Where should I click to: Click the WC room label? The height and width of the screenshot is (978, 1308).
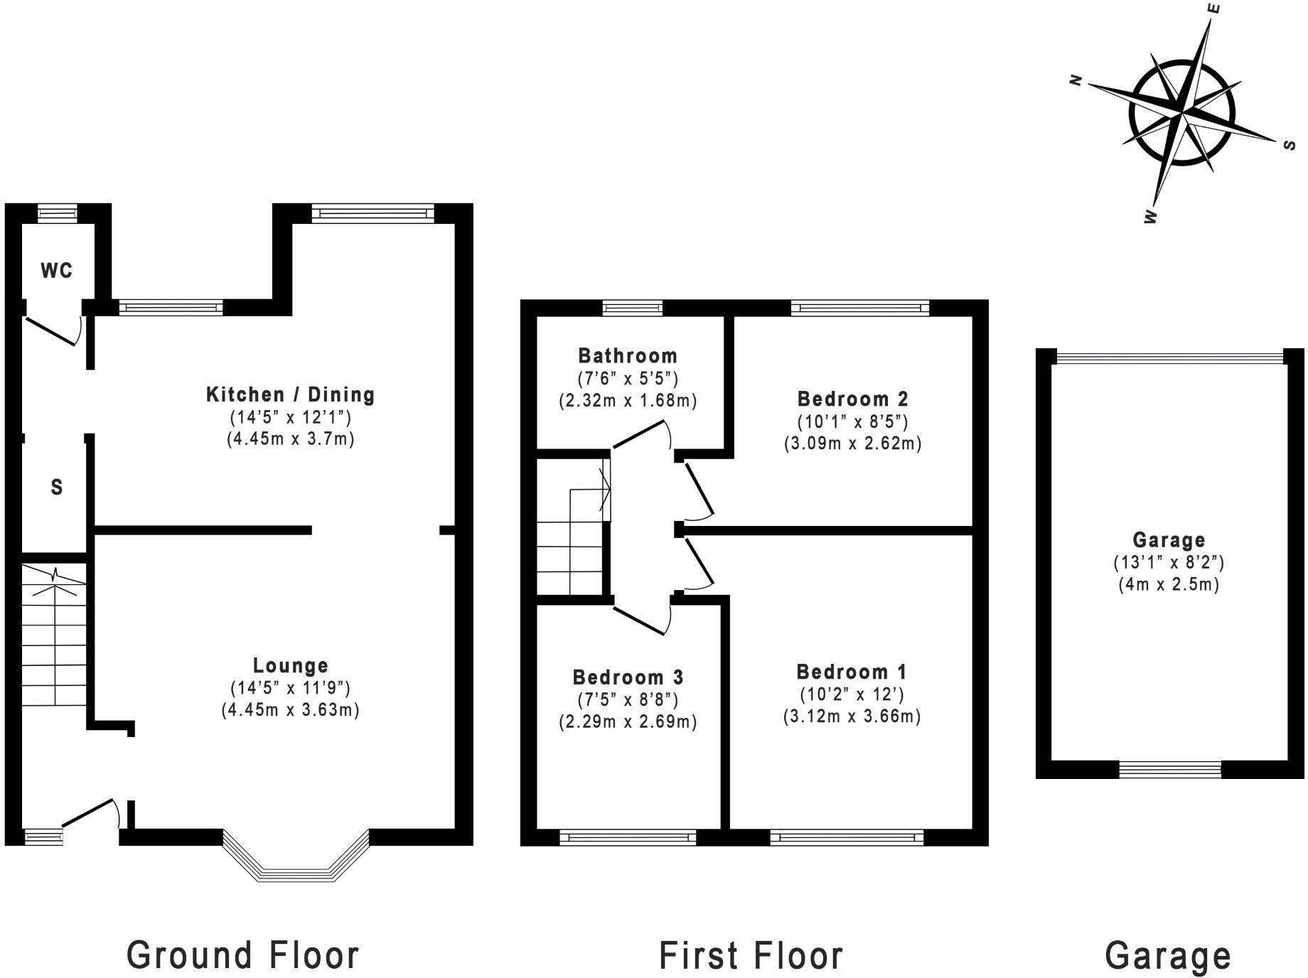(x=56, y=271)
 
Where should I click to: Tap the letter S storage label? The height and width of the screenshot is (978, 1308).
(x=57, y=488)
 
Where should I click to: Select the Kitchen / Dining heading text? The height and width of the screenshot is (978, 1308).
(x=290, y=394)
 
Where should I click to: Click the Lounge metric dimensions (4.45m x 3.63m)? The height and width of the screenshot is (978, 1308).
(x=290, y=709)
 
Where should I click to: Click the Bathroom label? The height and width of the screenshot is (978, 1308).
(x=628, y=355)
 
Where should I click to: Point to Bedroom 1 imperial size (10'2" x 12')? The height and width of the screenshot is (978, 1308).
(x=852, y=694)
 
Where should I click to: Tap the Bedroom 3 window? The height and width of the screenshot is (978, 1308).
(x=628, y=837)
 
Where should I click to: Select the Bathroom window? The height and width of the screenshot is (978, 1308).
(x=632, y=308)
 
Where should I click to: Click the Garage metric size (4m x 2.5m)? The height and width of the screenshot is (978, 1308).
(x=1169, y=584)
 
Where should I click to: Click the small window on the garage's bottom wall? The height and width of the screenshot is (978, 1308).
(x=1170, y=768)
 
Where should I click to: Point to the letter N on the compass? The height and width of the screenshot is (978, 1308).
(x=1076, y=80)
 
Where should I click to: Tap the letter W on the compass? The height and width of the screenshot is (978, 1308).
(x=1150, y=217)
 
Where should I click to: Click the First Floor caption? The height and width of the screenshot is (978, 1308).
(x=751, y=955)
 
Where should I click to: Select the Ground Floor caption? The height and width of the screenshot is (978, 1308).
(x=243, y=955)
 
